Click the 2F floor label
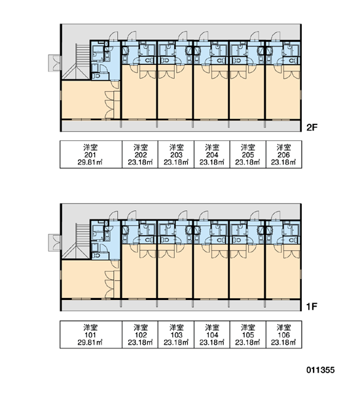click(x=312, y=128)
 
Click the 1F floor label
click(x=312, y=307)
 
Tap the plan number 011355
click(x=321, y=370)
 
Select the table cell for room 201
click(x=91, y=155)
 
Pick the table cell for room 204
click(x=212, y=155)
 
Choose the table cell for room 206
click(x=284, y=155)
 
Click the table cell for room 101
click(x=91, y=334)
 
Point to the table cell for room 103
click(x=176, y=334)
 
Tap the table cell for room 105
click(x=248, y=334)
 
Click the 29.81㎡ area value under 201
click(x=90, y=162)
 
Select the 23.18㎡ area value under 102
click(x=140, y=342)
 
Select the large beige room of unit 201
click(x=85, y=100)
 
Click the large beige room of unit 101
click(x=85, y=279)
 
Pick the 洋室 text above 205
click(x=248, y=147)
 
